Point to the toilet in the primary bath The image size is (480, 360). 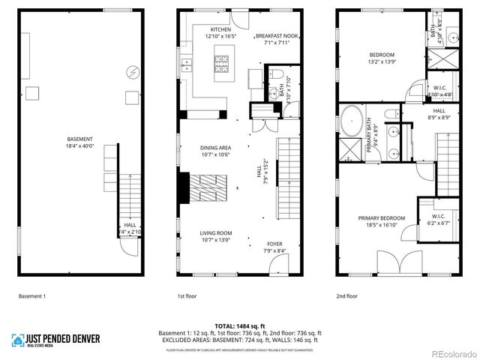[x=391, y=113]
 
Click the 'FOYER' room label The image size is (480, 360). [x=275, y=244]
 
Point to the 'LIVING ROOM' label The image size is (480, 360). [x=215, y=233]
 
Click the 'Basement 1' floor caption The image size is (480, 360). [x=32, y=296]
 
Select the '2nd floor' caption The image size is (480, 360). [x=346, y=296]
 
